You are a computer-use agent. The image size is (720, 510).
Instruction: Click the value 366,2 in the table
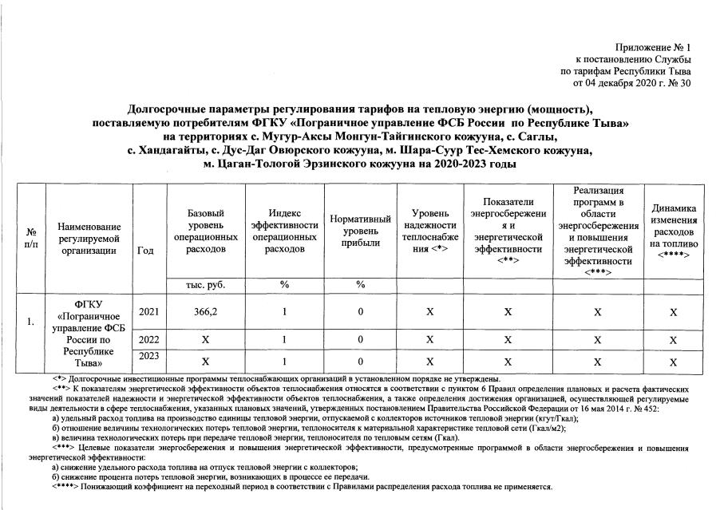pos(205,312)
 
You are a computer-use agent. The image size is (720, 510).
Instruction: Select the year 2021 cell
pos(148,312)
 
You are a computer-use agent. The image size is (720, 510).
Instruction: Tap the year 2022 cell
pos(148,340)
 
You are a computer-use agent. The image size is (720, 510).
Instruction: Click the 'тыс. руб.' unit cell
pos(205,285)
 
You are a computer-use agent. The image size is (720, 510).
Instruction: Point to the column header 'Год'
pos(146,250)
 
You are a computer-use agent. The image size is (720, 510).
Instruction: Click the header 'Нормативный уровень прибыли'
pos(360,231)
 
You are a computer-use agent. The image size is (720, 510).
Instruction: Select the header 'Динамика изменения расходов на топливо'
pos(674,231)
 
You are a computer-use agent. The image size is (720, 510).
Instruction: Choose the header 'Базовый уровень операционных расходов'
pos(205,231)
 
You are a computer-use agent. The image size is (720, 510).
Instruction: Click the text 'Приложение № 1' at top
pos(653,49)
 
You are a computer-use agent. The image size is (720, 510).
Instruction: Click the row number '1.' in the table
pos(30,322)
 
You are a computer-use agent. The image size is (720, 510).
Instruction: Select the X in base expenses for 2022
pos(205,340)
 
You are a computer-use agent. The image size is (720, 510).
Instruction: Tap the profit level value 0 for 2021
pos(361,312)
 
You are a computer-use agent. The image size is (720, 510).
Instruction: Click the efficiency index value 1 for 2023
pos(284,361)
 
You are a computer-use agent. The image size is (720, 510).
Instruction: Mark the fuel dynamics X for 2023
pos(673,361)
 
